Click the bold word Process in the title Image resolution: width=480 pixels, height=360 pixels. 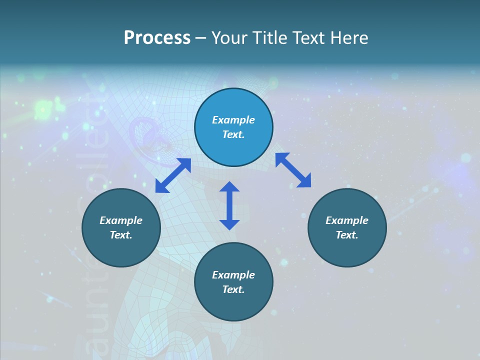pyautogui.click(x=157, y=38)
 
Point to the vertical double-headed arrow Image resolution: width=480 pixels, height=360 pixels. pyautogui.click(x=229, y=205)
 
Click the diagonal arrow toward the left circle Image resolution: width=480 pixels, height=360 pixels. pyautogui.click(x=173, y=175)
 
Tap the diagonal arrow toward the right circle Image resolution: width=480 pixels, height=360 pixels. pyautogui.click(x=293, y=170)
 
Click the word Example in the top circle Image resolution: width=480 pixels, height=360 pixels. pyautogui.click(x=233, y=120)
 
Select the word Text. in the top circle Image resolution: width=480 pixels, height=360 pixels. pyautogui.click(x=233, y=134)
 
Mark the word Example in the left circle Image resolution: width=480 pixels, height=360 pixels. pyautogui.click(x=121, y=220)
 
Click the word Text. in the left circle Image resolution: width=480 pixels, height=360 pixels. pyautogui.click(x=121, y=235)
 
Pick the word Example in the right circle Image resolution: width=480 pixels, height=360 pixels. pyautogui.click(x=347, y=220)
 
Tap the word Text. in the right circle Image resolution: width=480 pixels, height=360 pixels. pyautogui.click(x=347, y=235)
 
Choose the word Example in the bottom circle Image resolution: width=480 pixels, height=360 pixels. pyautogui.click(x=233, y=275)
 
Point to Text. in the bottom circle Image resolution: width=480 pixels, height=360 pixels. pyautogui.click(x=233, y=289)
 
